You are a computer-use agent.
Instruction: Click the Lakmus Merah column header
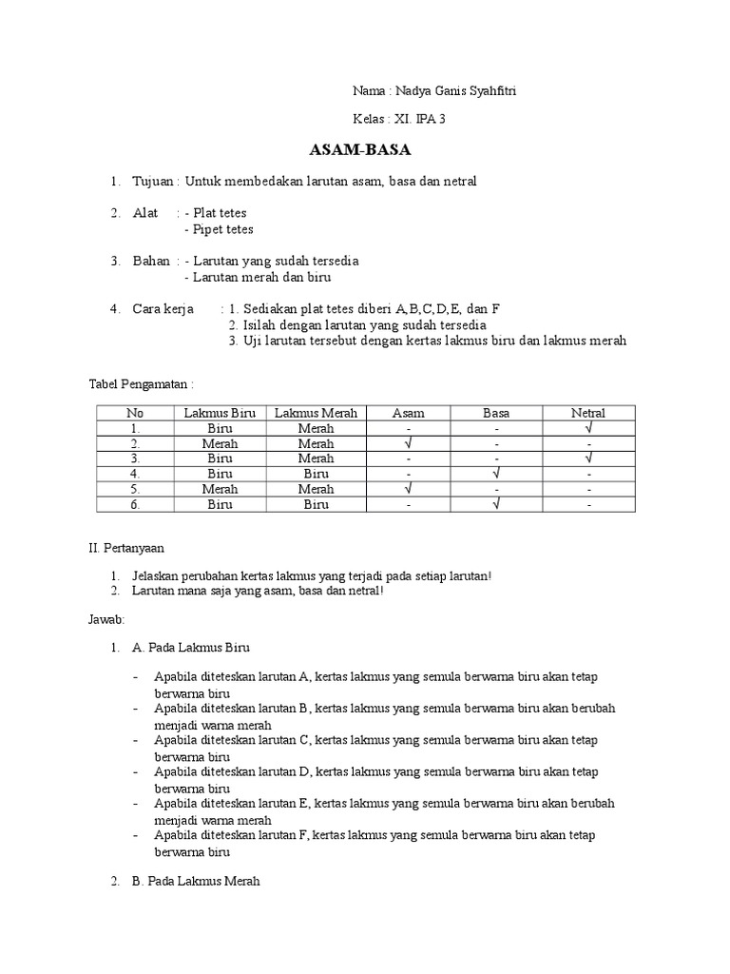pyautogui.click(x=316, y=413)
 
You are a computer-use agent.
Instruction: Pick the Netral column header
pyautogui.click(x=588, y=413)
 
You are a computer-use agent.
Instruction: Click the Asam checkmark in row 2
pyautogui.click(x=409, y=443)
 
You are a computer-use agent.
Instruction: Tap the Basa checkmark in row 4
pyautogui.click(x=496, y=474)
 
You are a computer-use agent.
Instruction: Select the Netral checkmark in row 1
pyautogui.click(x=588, y=428)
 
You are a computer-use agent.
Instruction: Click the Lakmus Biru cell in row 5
pyautogui.click(x=220, y=489)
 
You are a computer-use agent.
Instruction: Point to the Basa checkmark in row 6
pyautogui.click(x=496, y=504)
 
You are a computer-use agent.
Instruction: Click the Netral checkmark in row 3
pyautogui.click(x=588, y=458)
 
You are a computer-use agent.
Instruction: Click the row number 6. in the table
pyautogui.click(x=136, y=504)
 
